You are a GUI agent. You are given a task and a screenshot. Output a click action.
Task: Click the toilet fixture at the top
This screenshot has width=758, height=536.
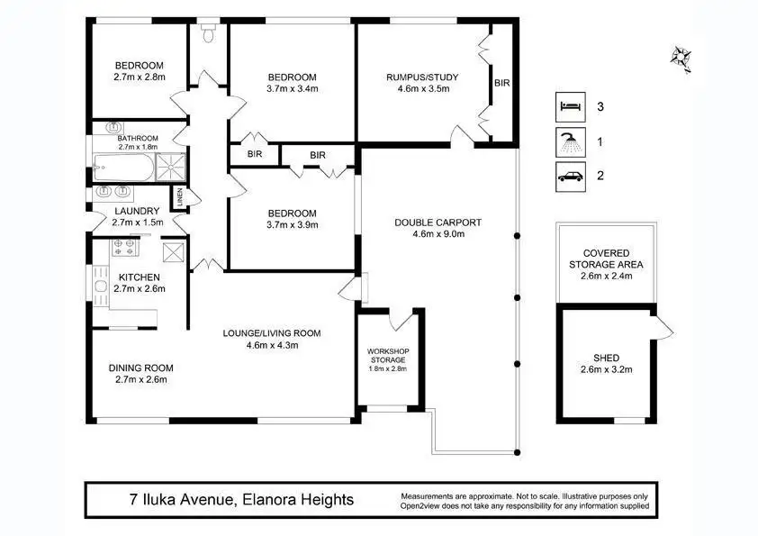[x=208, y=32]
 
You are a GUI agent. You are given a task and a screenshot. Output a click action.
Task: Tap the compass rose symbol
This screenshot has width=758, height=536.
[x=681, y=58]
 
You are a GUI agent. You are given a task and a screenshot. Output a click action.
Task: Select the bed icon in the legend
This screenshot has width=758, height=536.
[x=571, y=107]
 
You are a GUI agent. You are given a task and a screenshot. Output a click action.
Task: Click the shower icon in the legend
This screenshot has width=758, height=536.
[x=571, y=142]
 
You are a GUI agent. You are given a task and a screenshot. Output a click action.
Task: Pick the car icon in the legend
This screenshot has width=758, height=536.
[x=571, y=177]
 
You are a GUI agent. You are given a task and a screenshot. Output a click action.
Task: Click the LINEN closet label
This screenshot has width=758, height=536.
[x=180, y=197]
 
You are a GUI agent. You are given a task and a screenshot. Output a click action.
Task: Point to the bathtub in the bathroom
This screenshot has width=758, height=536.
[x=123, y=168]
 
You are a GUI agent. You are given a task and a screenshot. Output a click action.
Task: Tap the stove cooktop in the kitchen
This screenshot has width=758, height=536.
[x=125, y=247]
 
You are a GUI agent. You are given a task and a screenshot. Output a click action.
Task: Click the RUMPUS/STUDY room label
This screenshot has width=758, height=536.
[x=422, y=77]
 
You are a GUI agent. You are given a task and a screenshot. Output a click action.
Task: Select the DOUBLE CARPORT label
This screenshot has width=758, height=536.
[x=438, y=223]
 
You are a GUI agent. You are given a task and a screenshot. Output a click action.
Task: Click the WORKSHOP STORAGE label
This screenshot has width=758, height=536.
[x=388, y=356]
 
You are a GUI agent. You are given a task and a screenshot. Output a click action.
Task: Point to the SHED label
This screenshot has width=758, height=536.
[x=606, y=358]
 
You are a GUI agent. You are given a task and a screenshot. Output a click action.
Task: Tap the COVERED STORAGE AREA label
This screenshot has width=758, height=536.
[x=606, y=259]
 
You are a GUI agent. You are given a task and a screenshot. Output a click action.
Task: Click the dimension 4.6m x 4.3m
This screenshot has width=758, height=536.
[x=272, y=345]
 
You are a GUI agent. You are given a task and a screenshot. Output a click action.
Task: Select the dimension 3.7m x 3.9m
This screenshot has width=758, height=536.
[x=293, y=225]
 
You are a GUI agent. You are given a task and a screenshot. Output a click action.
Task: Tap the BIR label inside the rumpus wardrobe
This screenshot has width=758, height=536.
[x=502, y=83]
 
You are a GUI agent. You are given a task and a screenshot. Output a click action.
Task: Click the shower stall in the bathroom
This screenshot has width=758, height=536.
[x=171, y=168]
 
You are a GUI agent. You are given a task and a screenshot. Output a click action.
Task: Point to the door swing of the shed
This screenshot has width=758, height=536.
[x=663, y=328]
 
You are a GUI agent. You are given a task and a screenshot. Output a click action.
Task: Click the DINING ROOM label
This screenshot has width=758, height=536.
[x=140, y=368]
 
